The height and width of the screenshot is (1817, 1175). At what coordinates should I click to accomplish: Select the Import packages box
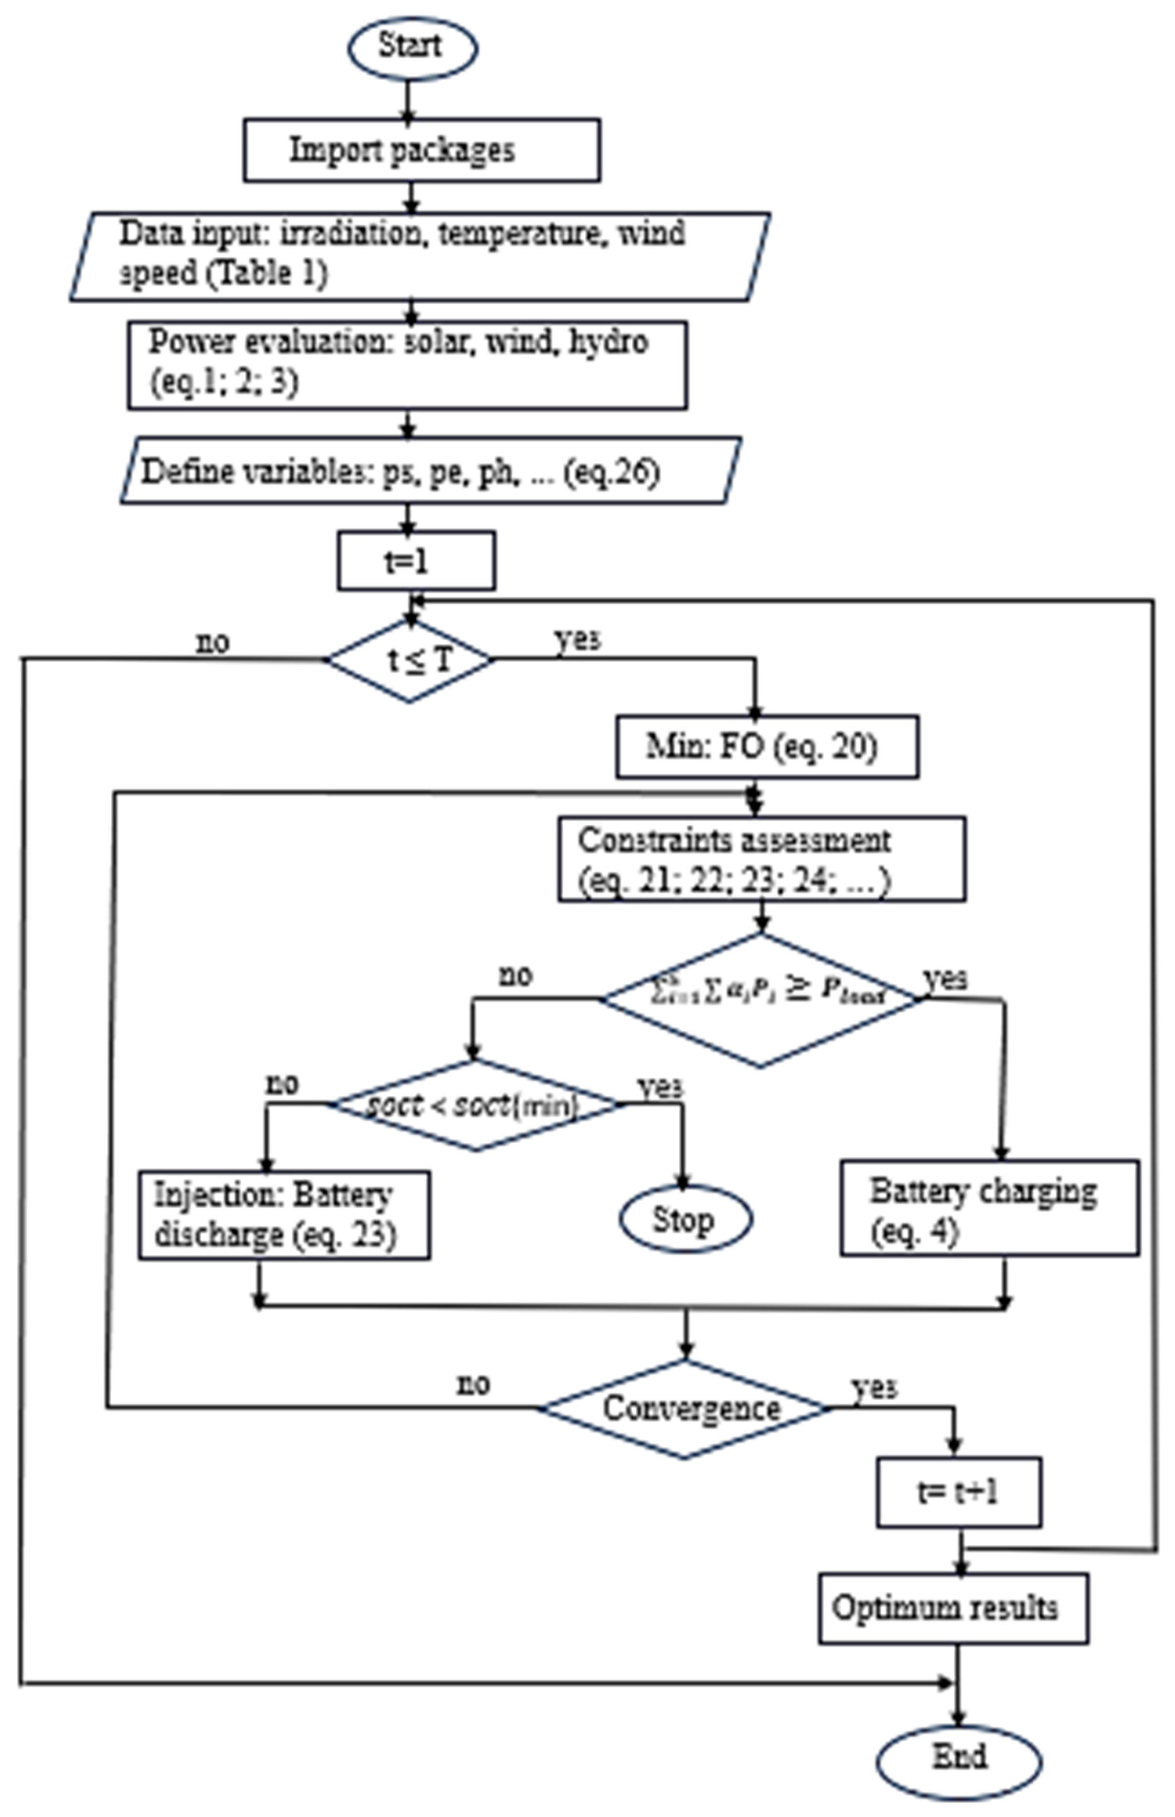point(421,150)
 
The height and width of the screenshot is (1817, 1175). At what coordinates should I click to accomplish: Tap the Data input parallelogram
point(420,256)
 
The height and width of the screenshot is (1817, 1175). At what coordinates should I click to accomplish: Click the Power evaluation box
point(407,365)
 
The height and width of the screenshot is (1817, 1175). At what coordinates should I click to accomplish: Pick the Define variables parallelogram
point(430,471)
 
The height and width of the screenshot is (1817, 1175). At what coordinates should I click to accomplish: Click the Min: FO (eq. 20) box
point(767,747)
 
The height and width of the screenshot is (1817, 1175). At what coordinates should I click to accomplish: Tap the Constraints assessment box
point(762,859)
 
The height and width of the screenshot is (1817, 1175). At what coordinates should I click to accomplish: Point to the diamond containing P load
point(761,999)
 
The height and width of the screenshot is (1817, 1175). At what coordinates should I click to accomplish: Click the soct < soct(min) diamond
point(475,1105)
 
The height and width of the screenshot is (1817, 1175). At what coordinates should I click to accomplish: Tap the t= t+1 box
point(958,1492)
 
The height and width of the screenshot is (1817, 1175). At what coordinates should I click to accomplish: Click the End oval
point(958,1758)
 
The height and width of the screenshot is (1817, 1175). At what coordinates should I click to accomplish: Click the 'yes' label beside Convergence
point(874,1387)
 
